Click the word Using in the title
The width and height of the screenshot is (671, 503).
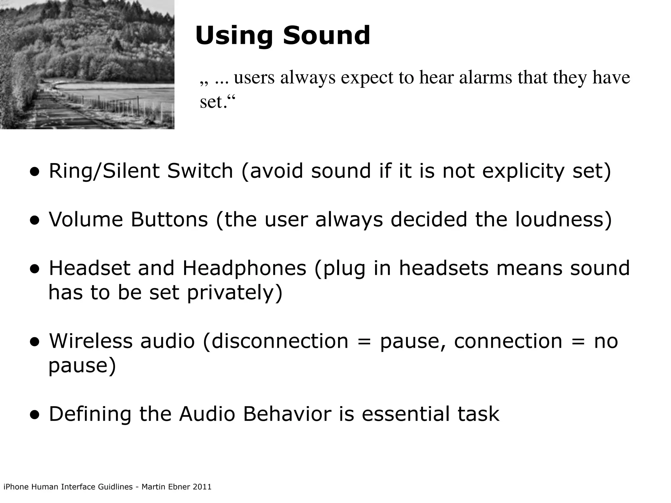(x=234, y=36)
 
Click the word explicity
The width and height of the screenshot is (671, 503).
(x=523, y=172)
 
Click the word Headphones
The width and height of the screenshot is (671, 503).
(x=244, y=268)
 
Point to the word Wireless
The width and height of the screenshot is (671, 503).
(x=91, y=341)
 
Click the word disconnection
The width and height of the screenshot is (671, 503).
(x=280, y=341)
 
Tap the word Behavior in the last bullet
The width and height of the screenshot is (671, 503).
(x=287, y=414)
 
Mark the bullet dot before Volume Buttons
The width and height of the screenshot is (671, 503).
(x=34, y=221)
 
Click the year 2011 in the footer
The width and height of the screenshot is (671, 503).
(x=202, y=487)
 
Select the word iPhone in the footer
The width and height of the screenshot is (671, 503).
(x=16, y=487)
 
